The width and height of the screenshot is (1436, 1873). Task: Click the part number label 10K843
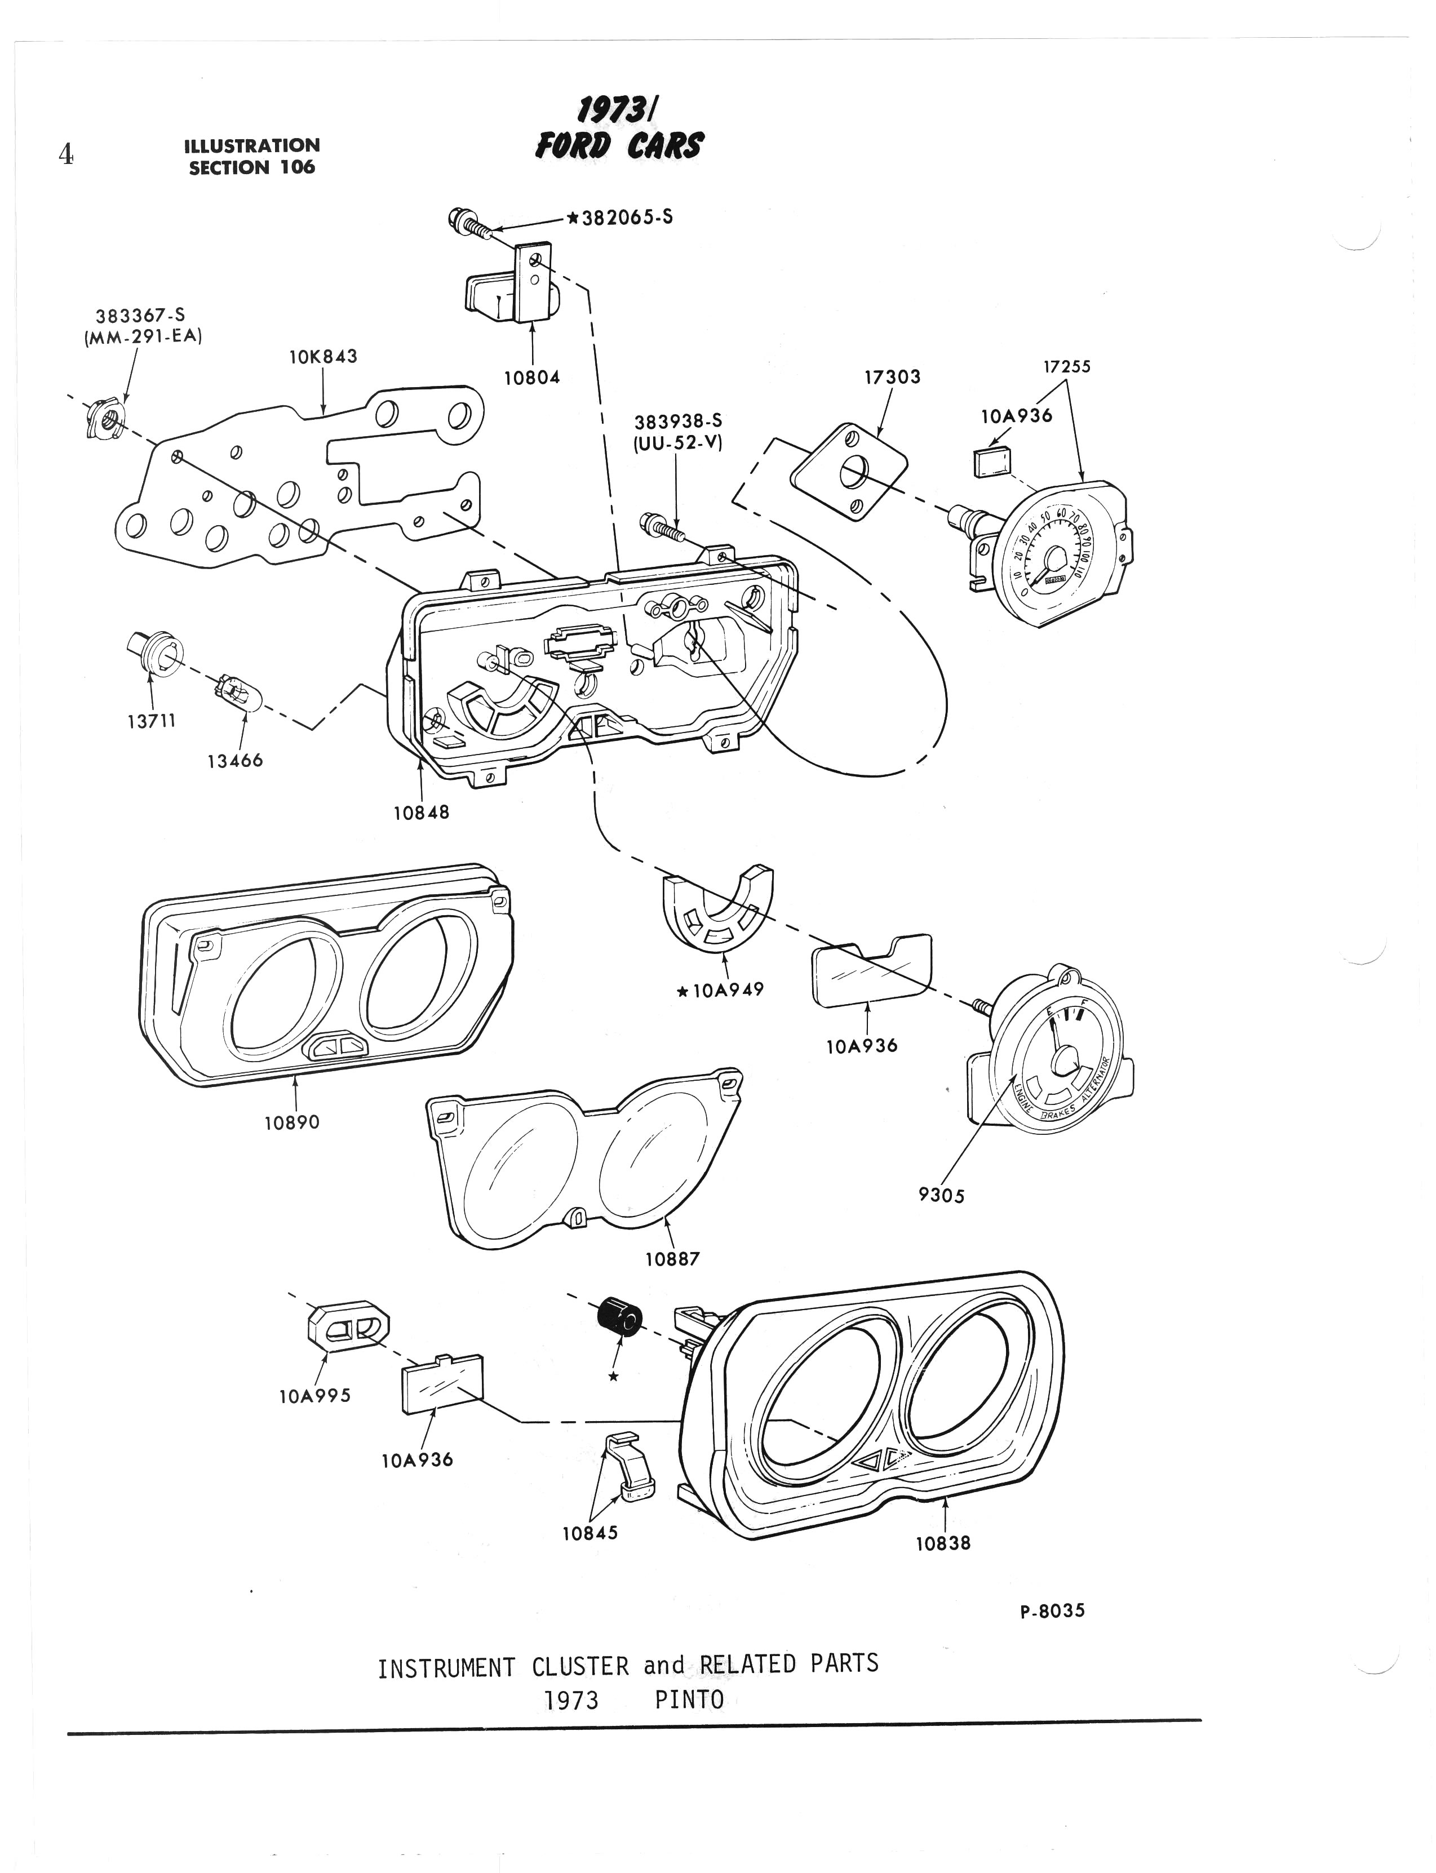coord(323,356)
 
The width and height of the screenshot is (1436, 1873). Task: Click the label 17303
coord(892,377)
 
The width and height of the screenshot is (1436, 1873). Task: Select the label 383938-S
coord(678,421)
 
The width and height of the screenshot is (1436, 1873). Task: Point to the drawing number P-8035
coord(1052,1610)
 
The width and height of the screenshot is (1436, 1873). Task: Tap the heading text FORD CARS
coord(618,147)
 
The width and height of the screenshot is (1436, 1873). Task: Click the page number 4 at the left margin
coord(65,154)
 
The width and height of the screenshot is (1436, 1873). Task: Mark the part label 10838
coord(943,1543)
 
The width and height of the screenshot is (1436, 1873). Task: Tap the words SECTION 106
coord(252,167)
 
